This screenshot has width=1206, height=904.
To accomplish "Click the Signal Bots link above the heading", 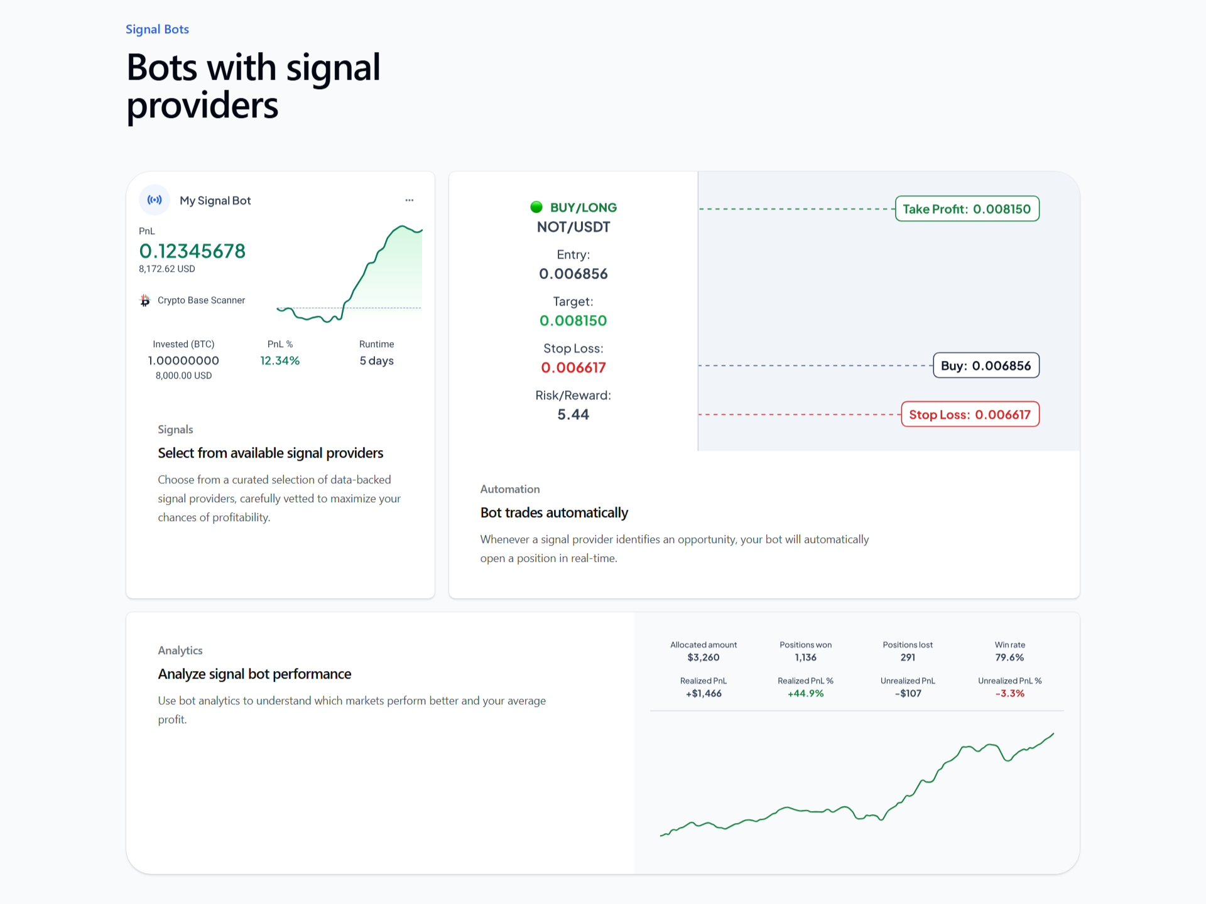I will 157,30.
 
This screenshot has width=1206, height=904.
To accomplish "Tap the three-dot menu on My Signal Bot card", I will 410,200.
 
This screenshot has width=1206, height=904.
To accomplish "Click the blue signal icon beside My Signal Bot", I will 155,200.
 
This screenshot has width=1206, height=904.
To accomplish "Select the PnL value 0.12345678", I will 192,251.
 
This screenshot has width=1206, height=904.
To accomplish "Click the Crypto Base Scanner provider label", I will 201,301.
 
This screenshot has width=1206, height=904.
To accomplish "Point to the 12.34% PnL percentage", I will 280,361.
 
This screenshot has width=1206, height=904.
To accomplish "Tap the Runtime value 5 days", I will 376,361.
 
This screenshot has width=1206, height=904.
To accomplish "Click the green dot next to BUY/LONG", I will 536,207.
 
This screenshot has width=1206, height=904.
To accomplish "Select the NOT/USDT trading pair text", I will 573,227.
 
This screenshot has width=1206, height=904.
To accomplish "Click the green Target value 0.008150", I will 573,321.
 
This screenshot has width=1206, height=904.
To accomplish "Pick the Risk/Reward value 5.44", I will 573,415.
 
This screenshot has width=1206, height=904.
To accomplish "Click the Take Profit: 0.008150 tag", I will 967,209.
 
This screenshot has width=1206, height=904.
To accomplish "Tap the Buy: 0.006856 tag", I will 986,366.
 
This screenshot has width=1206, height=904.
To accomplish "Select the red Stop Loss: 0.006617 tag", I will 970,414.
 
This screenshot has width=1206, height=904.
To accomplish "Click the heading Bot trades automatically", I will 554,513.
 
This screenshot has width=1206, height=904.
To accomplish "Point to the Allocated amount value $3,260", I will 703,658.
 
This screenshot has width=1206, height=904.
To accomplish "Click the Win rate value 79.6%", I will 1009,658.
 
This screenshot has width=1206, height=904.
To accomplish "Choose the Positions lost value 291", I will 908,658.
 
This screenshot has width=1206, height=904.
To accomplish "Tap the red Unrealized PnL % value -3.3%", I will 1009,694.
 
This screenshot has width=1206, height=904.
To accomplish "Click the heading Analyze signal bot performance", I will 254,674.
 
